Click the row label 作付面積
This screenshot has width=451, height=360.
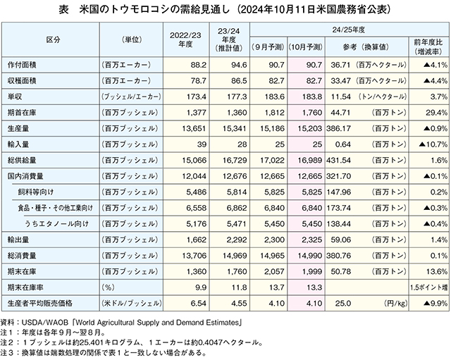coord(22,65)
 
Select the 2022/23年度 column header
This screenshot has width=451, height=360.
coord(185,39)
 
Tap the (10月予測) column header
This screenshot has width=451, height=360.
coord(306,47)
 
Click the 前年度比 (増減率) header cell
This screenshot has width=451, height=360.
coord(428,47)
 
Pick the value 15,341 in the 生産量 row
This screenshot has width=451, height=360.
coord(235,128)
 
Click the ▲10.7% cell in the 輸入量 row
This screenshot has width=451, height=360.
coord(433,144)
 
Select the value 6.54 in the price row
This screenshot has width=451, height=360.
coord(199,304)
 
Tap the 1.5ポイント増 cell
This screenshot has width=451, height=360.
coord(429,287)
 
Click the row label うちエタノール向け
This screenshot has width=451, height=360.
coord(56,224)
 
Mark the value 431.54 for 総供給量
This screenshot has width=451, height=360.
coord(338,160)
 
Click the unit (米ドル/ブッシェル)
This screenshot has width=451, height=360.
coord(132,304)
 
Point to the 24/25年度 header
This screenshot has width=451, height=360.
coord(349,30)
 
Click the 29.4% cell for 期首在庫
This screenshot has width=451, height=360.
coord(437,113)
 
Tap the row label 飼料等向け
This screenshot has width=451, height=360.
coord(36,192)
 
